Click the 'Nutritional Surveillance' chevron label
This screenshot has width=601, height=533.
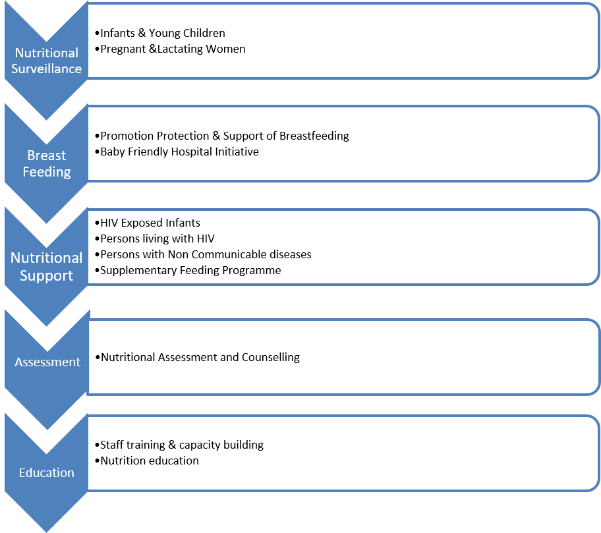46,61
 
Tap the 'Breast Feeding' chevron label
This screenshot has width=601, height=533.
46,163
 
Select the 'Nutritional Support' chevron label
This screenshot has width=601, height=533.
46,267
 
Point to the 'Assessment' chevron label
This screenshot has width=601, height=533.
47,362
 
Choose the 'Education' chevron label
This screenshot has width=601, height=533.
46,473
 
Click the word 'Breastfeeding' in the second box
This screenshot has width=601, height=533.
314,136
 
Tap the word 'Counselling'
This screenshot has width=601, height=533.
271,357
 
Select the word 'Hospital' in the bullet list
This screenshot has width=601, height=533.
191,152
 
